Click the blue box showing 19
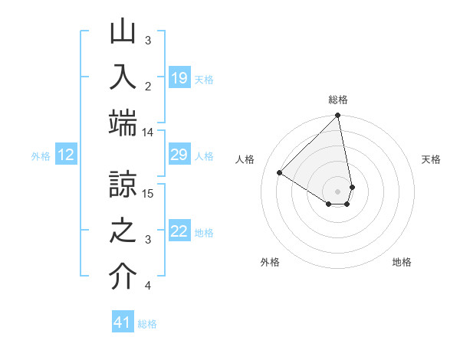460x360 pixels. coord(179,77)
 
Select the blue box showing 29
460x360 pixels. coord(179,155)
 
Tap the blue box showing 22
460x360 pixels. coord(179,231)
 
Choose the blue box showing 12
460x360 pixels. coord(66,155)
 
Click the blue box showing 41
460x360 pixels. coord(123,322)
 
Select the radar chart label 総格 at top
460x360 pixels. coord(338,100)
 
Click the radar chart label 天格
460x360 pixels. coord(431,159)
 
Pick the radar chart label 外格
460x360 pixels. coord(270,262)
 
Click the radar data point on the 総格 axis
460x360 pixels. coord(338,116)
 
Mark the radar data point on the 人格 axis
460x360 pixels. coord(280,172)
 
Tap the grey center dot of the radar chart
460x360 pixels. coord(338,191)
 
